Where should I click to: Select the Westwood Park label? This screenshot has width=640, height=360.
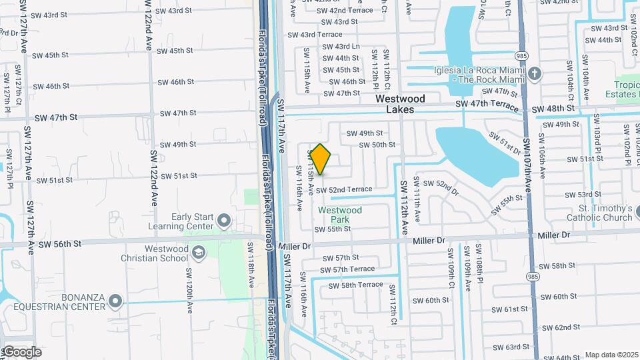(x=340, y=215)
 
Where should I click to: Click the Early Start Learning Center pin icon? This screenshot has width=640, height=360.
(x=224, y=220)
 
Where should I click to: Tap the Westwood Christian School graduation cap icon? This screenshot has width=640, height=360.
(x=198, y=253)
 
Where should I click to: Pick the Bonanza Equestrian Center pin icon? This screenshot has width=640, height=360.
(x=115, y=301)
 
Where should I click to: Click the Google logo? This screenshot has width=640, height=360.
(x=21, y=352)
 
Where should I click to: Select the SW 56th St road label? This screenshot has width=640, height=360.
(x=59, y=244)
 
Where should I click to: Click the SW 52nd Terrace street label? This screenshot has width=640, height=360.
(x=344, y=190)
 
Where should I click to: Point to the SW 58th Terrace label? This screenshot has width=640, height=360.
(x=353, y=285)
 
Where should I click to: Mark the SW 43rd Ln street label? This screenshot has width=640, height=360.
(x=341, y=47)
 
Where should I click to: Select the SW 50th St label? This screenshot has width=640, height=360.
(x=377, y=145)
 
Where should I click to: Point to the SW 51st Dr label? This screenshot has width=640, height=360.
(x=504, y=141)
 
